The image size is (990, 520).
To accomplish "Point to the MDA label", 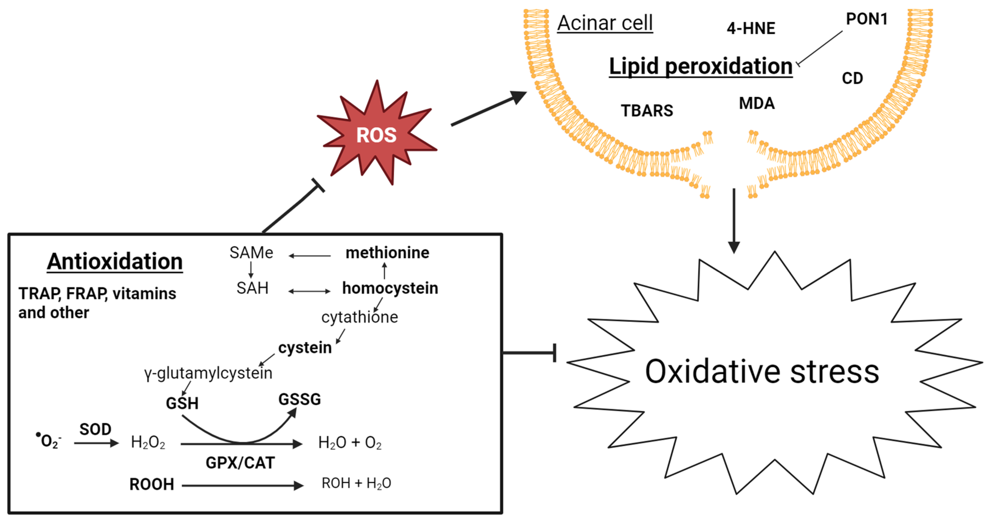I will (x=756, y=103).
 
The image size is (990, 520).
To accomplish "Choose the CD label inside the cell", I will (x=852, y=78).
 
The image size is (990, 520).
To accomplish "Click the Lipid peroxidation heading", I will (x=700, y=66).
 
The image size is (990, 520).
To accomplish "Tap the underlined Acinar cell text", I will (x=605, y=23).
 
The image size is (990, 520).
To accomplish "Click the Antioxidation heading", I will (x=114, y=262).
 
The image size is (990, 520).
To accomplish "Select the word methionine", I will (x=387, y=253).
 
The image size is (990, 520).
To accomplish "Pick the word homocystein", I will (x=390, y=288).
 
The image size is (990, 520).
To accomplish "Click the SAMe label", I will (x=251, y=253).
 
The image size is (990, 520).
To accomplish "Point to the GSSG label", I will (x=299, y=399).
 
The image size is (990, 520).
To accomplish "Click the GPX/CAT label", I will (x=240, y=463).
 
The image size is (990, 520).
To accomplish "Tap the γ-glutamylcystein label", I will (x=208, y=373).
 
